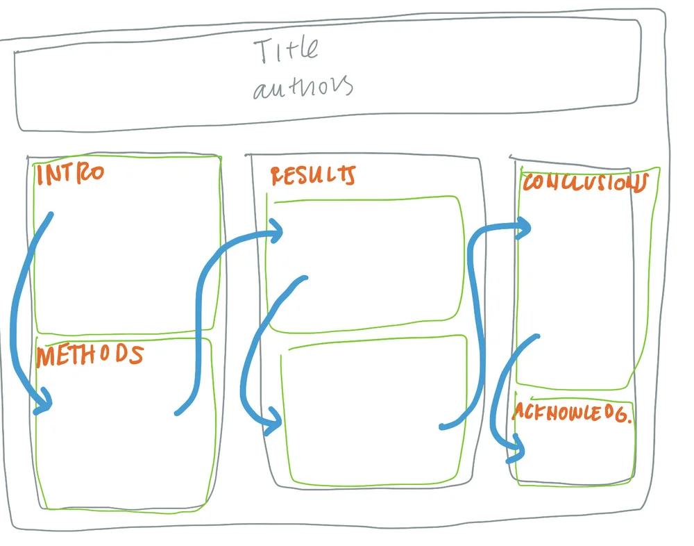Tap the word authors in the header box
tap(303, 87)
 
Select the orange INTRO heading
tap(70, 174)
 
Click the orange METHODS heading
tap(90, 355)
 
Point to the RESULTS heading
tap(313, 176)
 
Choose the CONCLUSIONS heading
tap(586, 183)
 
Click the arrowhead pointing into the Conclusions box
tap(523, 229)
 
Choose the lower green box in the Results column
tap(375, 410)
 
